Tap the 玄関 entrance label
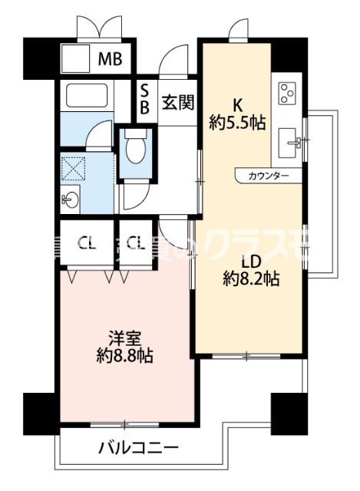(x=177, y=101)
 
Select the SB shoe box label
(x=144, y=99)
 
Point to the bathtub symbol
(x=91, y=95)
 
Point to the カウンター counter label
(x=268, y=176)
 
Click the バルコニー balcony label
(x=139, y=447)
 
